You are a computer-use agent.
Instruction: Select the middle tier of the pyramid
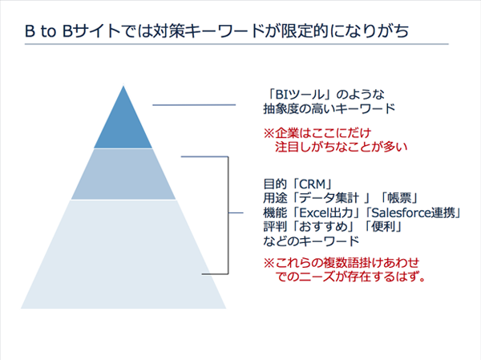click(x=123, y=174)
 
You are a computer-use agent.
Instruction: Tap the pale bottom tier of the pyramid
click(x=123, y=255)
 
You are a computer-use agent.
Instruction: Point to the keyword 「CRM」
click(x=312, y=184)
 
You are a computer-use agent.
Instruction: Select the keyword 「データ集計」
click(x=330, y=198)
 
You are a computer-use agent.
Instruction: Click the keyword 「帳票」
click(x=398, y=198)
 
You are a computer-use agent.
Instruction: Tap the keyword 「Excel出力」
click(x=329, y=212)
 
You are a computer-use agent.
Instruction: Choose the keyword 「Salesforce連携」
click(x=414, y=212)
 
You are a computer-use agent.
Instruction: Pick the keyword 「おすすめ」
click(x=323, y=226)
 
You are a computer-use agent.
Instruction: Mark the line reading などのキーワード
click(x=311, y=241)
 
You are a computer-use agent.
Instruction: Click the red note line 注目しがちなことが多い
click(x=342, y=147)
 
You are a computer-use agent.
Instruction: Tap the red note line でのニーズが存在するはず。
click(x=350, y=277)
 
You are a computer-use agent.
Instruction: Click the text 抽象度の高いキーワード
click(x=329, y=108)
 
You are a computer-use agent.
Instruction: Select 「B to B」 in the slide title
click(x=49, y=31)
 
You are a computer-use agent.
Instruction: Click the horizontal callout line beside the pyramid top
click(x=194, y=105)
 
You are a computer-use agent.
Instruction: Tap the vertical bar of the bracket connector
click(x=228, y=215)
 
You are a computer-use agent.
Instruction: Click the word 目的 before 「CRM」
click(x=275, y=184)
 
